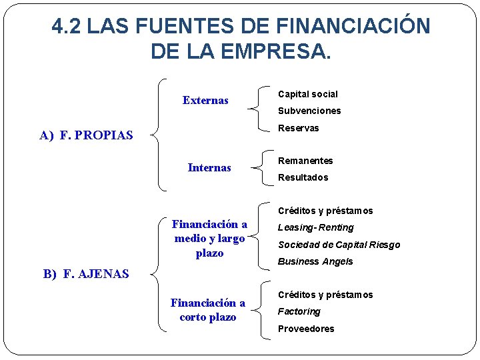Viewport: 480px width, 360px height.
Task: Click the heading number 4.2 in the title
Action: coord(67,27)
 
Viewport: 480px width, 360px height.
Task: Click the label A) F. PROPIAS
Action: coord(86,136)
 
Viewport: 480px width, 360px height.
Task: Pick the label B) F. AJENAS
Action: coord(86,273)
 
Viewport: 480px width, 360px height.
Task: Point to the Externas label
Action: coord(205,101)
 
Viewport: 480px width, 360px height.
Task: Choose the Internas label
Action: coord(209,168)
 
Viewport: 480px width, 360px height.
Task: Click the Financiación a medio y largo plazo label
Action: coord(209,239)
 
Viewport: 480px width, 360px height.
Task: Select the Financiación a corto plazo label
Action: coord(208,310)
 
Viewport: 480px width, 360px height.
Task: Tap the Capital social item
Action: coord(307,95)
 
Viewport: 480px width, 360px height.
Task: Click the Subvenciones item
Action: coord(309,111)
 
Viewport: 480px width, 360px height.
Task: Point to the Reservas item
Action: coord(298,128)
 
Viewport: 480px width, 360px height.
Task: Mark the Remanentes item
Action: coord(305,161)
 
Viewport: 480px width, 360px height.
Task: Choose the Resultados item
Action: coord(303,178)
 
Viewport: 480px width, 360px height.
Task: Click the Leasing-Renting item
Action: coord(315,228)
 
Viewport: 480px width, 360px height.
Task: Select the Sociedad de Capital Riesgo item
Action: coord(339,245)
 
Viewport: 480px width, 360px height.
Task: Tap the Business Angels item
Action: coord(315,262)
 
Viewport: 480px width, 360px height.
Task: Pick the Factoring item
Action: coord(299,312)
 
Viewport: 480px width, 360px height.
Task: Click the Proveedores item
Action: coord(306,329)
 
